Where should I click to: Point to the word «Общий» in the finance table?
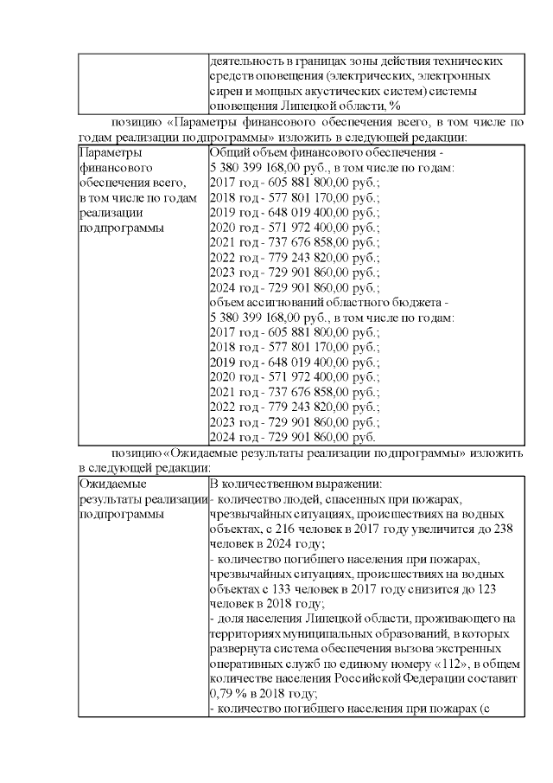tap(229, 151)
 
